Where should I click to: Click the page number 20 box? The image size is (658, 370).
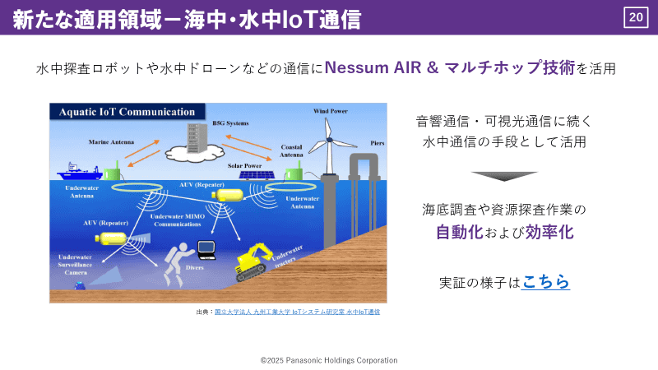[x=636, y=16]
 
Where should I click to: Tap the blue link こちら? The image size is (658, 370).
[x=545, y=282]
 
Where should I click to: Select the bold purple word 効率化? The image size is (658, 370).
[x=549, y=232]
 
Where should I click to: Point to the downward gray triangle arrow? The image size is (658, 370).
[x=504, y=176]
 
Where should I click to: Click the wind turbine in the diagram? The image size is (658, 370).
[x=330, y=145]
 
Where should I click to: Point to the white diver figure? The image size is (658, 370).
[x=180, y=260]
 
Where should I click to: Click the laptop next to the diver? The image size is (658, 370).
[x=206, y=248]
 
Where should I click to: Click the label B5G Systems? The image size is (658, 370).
[x=229, y=122]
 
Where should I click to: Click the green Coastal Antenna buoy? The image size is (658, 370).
[x=294, y=173]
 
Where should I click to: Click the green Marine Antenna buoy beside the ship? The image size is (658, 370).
[x=116, y=172]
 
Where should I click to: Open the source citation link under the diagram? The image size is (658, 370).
[x=297, y=312]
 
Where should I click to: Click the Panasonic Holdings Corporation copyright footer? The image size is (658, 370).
[x=329, y=360]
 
